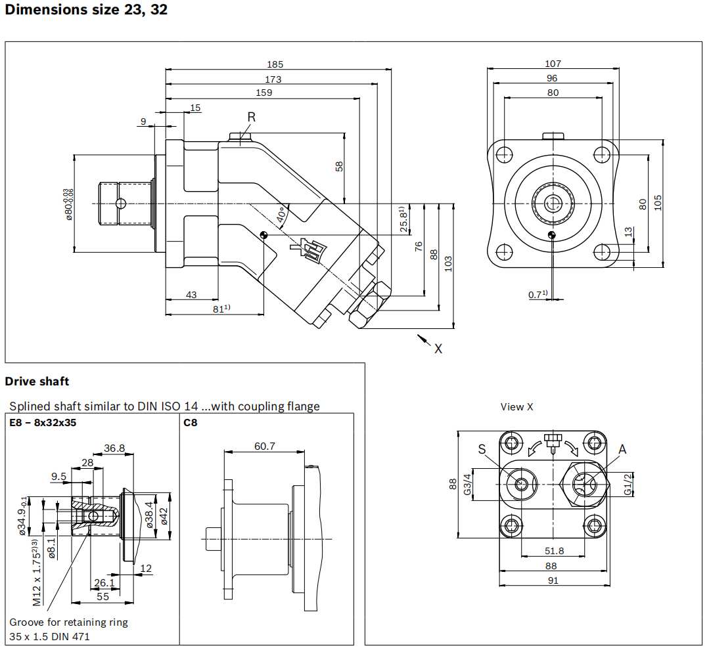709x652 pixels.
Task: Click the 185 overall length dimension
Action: pyautogui.click(x=275, y=64)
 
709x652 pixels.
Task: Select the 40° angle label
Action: pyautogui.click(x=281, y=215)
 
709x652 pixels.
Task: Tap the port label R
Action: pyautogui.click(x=252, y=117)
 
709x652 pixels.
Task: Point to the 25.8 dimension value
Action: pyautogui.click(x=404, y=219)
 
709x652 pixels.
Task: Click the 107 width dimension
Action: pyautogui.click(x=553, y=64)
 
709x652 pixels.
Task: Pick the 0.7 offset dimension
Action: pyautogui.click(x=537, y=295)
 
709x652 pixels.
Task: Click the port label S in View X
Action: pyautogui.click(x=482, y=449)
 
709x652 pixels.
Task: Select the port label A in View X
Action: pyautogui.click(x=622, y=449)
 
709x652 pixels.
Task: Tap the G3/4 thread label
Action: pyautogui.click(x=468, y=485)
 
